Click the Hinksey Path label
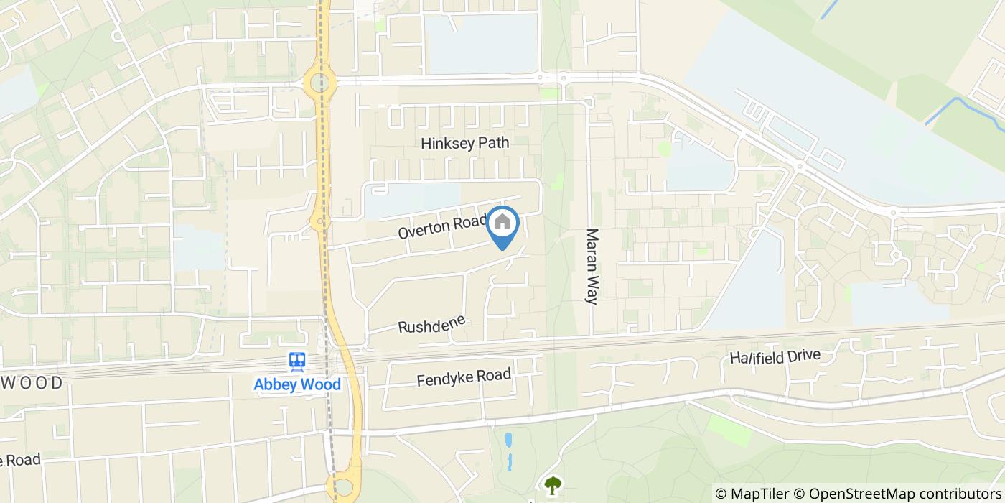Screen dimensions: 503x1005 464,143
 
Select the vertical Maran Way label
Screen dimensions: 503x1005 592,266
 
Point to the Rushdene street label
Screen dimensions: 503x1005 432,324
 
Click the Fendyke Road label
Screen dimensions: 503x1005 464,377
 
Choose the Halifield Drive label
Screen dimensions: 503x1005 775,356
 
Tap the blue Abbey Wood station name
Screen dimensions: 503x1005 297,384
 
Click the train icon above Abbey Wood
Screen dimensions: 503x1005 297,361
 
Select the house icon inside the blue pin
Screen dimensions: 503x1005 503,223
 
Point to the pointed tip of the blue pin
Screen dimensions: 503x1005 503,249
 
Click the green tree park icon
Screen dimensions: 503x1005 553,486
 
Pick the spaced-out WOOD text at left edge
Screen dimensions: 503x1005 32,383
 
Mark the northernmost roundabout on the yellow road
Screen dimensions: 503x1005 320,83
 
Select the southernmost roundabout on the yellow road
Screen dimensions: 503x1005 344,486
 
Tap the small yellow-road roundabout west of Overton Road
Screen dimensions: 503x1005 317,222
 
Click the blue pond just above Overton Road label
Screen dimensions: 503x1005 413,200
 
